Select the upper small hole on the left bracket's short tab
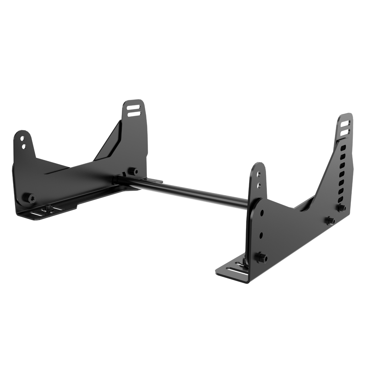23,137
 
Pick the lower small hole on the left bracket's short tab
23,145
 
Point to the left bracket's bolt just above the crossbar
131,171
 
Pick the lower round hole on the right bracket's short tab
258,185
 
